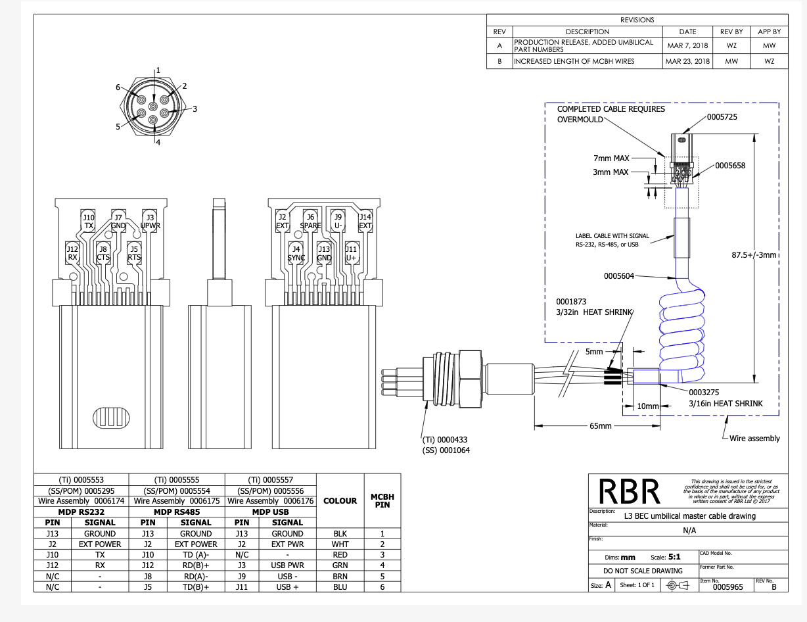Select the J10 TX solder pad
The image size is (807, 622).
tap(89, 222)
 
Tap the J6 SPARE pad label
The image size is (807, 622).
tap(310, 222)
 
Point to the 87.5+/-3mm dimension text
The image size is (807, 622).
tap(754, 254)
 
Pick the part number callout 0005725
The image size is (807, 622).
tap(722, 117)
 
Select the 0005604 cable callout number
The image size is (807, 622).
tap(620, 276)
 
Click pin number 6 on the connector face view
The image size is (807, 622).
tap(118, 87)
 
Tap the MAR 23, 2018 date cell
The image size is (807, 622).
tap(688, 61)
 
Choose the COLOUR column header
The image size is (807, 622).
tap(340, 501)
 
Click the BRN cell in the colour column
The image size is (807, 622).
tap(340, 576)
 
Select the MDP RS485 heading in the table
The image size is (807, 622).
tap(176, 512)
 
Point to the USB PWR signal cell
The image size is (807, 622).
tap(287, 565)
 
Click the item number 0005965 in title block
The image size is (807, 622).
tap(727, 586)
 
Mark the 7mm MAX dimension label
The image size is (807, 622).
tap(612, 158)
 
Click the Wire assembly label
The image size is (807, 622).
tap(754, 439)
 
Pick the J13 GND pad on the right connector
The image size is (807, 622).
tap(324, 254)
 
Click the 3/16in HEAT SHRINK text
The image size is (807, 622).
tap(726, 404)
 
